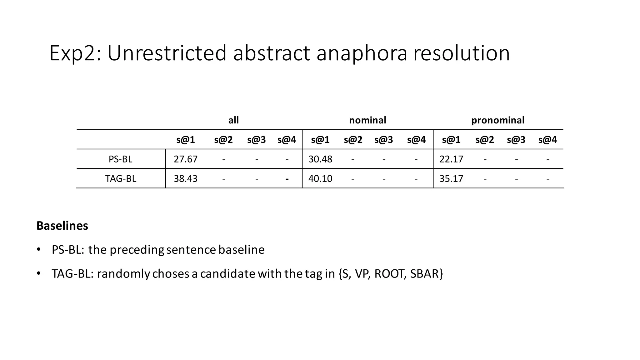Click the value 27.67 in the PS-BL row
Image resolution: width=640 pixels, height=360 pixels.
(x=186, y=159)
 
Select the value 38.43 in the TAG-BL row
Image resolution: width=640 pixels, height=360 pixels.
(x=186, y=178)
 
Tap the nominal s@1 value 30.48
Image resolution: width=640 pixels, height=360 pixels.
(x=320, y=159)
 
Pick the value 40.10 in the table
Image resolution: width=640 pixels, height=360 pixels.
(x=320, y=178)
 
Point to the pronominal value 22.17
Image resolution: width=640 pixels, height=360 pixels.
(x=451, y=159)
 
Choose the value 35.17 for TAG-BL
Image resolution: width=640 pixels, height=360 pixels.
(x=451, y=178)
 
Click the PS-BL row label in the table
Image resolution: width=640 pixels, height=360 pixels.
(x=121, y=159)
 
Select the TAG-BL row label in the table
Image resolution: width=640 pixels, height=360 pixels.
(x=121, y=178)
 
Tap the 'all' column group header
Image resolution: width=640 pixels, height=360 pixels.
(x=233, y=120)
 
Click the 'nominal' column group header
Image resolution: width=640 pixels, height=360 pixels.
(x=367, y=120)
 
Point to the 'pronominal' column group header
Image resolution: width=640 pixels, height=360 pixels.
(x=498, y=120)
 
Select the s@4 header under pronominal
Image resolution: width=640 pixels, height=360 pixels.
(x=547, y=140)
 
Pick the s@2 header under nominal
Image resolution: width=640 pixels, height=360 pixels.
(x=353, y=140)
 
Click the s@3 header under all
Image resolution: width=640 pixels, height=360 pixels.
(x=256, y=140)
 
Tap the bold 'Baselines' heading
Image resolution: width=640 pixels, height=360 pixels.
(x=62, y=226)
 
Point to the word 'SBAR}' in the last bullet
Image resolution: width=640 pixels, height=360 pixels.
(x=427, y=274)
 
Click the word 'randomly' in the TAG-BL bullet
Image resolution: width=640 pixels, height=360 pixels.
(x=124, y=274)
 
